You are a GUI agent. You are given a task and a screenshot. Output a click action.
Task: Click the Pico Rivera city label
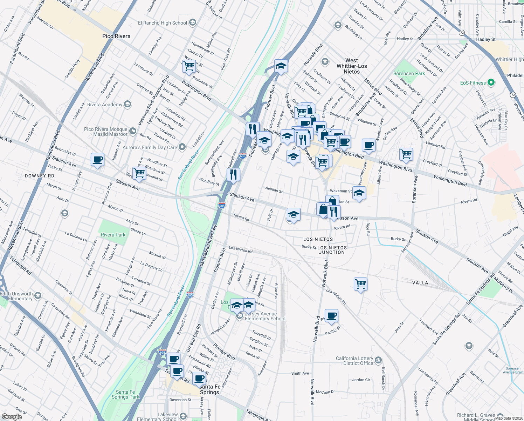[116, 36]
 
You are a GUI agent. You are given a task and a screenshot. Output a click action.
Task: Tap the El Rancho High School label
[163, 23]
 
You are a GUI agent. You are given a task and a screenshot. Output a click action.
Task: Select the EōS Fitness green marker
[491, 82]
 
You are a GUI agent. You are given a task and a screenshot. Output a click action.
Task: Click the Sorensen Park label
[409, 73]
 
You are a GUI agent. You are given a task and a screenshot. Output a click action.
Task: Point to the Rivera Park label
[113, 235]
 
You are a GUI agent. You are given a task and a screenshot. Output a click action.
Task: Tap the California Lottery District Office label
[354, 361]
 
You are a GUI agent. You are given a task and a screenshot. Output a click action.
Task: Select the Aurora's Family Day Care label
[150, 147]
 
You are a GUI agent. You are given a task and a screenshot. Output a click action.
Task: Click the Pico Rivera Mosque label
[106, 132]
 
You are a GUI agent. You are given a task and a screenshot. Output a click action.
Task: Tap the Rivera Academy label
[105, 105]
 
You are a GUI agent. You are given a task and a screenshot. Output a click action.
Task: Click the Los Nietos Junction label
[332, 250]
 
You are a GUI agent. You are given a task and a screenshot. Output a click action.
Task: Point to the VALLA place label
[420, 283]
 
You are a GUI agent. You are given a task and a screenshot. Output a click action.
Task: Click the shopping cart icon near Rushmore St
[189, 66]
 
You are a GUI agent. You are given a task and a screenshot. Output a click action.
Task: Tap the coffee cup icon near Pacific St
[331, 316]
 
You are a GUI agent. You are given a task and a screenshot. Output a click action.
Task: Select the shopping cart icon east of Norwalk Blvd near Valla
[360, 283]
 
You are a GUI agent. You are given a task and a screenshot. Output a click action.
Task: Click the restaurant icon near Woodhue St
[233, 174]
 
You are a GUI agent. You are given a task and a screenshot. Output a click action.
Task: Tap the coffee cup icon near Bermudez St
[97, 160]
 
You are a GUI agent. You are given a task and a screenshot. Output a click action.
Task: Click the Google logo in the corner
[12, 417]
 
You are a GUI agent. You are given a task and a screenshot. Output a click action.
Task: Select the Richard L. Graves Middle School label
[476, 417]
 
